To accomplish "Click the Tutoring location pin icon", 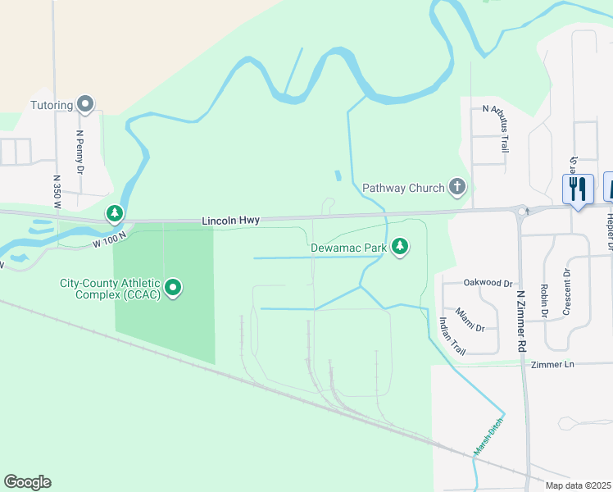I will click(85, 104).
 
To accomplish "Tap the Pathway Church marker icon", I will click(457, 188).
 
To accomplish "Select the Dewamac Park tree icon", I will click(400, 246).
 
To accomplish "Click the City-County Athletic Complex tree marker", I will click(173, 288).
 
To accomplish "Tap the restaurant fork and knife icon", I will click(578, 189).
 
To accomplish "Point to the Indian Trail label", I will click(452, 335).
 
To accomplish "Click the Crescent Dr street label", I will click(566, 292).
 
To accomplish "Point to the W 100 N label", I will click(109, 238).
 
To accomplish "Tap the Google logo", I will click(27, 482).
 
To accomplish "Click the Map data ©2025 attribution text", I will click(578, 485).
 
